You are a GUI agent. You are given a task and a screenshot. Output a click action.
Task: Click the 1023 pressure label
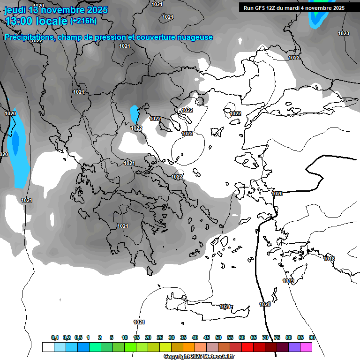(x=344, y=33)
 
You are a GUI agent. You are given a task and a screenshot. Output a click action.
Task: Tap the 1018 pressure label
(x=330, y=259)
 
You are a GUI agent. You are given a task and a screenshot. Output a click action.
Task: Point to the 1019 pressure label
(x=288, y=281)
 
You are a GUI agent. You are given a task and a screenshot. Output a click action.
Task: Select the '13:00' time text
(x=21, y=21)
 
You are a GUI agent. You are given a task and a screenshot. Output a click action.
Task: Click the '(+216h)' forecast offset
(x=83, y=21)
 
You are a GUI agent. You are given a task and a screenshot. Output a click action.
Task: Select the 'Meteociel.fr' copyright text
(x=219, y=357)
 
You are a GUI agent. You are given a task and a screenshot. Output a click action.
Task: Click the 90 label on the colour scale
(x=312, y=337)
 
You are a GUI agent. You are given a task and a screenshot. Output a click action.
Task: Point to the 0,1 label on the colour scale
(x=55, y=337)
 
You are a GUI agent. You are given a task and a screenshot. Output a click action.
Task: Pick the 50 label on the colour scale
(x=218, y=337)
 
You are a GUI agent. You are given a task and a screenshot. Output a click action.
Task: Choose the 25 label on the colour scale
(x=160, y=337)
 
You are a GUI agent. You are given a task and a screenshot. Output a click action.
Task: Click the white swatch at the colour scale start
(x=48, y=347)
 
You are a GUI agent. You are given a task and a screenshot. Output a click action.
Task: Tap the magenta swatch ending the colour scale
(x=306, y=347)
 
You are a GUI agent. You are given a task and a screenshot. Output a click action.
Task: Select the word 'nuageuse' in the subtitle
(x=195, y=37)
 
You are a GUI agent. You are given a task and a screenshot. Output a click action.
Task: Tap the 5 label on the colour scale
(x=112, y=337)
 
